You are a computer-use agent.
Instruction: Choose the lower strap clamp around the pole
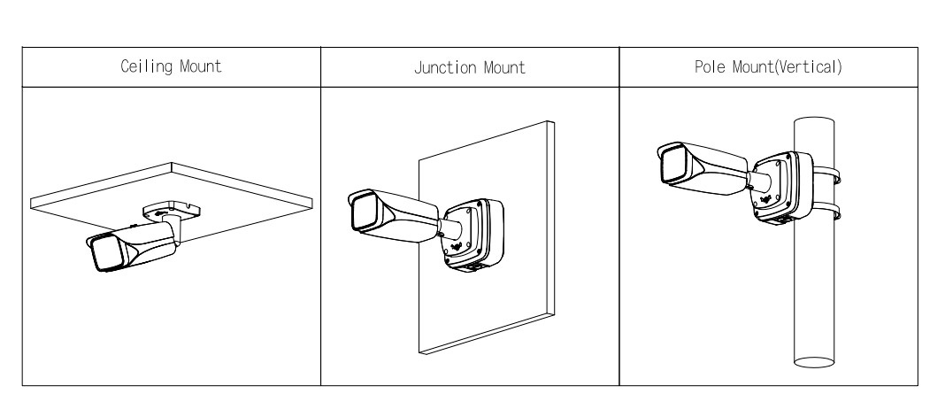pos(831,215)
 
